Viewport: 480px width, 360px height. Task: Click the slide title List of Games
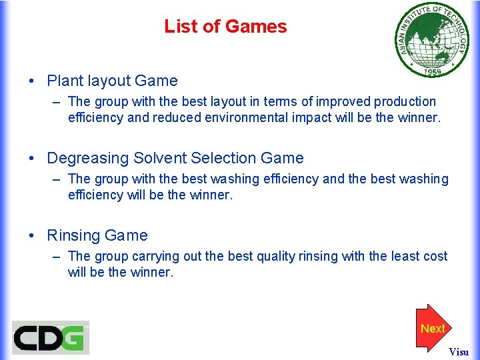225,27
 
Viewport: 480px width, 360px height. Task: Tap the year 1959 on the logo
427,69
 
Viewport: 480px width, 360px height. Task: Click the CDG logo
50,337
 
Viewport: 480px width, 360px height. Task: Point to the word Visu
459,351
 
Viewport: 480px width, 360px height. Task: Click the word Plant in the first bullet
65,81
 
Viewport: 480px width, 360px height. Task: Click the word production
405,102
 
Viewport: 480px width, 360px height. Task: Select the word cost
434,257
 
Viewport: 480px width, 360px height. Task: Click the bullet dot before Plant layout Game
32,81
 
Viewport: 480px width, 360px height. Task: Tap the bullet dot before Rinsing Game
32,236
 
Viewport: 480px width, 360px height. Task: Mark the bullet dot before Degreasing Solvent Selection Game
32,159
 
